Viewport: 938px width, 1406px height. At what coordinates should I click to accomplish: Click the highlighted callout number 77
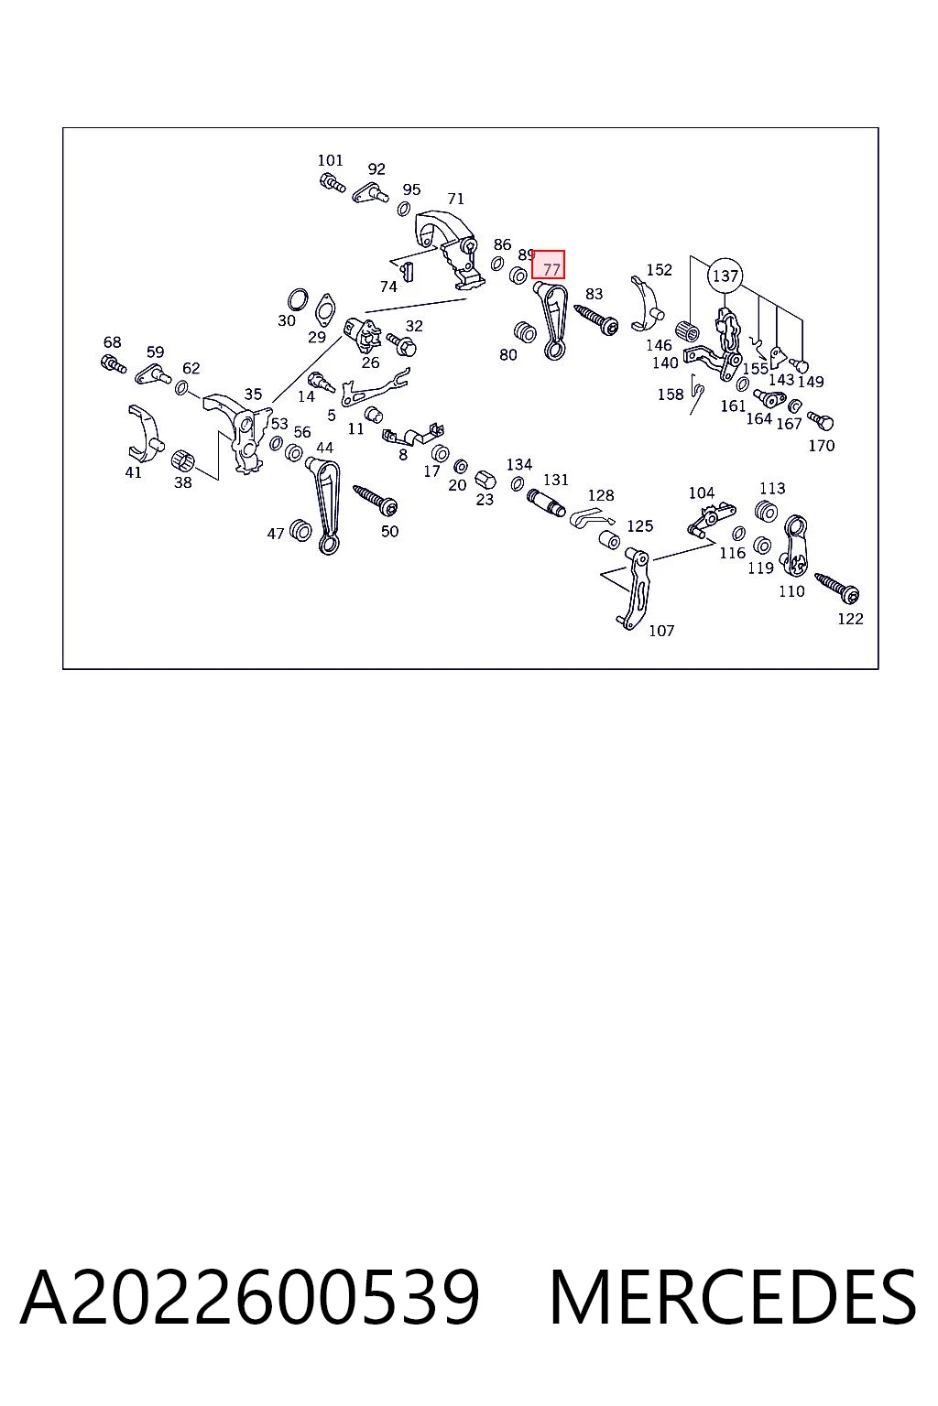(x=549, y=265)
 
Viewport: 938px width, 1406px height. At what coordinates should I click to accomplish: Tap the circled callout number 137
(x=725, y=276)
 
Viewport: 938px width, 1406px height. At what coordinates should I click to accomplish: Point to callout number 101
(x=331, y=161)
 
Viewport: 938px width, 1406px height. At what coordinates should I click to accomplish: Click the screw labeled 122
(x=837, y=586)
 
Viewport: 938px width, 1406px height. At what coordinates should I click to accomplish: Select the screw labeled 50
(x=375, y=499)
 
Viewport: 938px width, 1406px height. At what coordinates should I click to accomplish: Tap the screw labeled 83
(x=596, y=319)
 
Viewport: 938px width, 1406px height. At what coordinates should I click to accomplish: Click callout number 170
(x=821, y=446)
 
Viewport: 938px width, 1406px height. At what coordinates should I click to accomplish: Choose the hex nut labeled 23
(x=485, y=480)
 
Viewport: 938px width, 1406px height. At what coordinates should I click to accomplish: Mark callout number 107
(x=661, y=631)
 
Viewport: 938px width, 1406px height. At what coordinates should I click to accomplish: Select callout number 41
(x=133, y=472)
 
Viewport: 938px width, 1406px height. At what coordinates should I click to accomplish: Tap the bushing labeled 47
(x=300, y=531)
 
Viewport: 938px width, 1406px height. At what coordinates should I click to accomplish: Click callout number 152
(x=659, y=270)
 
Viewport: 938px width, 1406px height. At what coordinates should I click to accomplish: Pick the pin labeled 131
(x=547, y=501)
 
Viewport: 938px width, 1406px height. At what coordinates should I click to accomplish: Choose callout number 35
(x=253, y=395)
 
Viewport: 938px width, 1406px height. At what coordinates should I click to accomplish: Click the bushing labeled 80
(x=524, y=332)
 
